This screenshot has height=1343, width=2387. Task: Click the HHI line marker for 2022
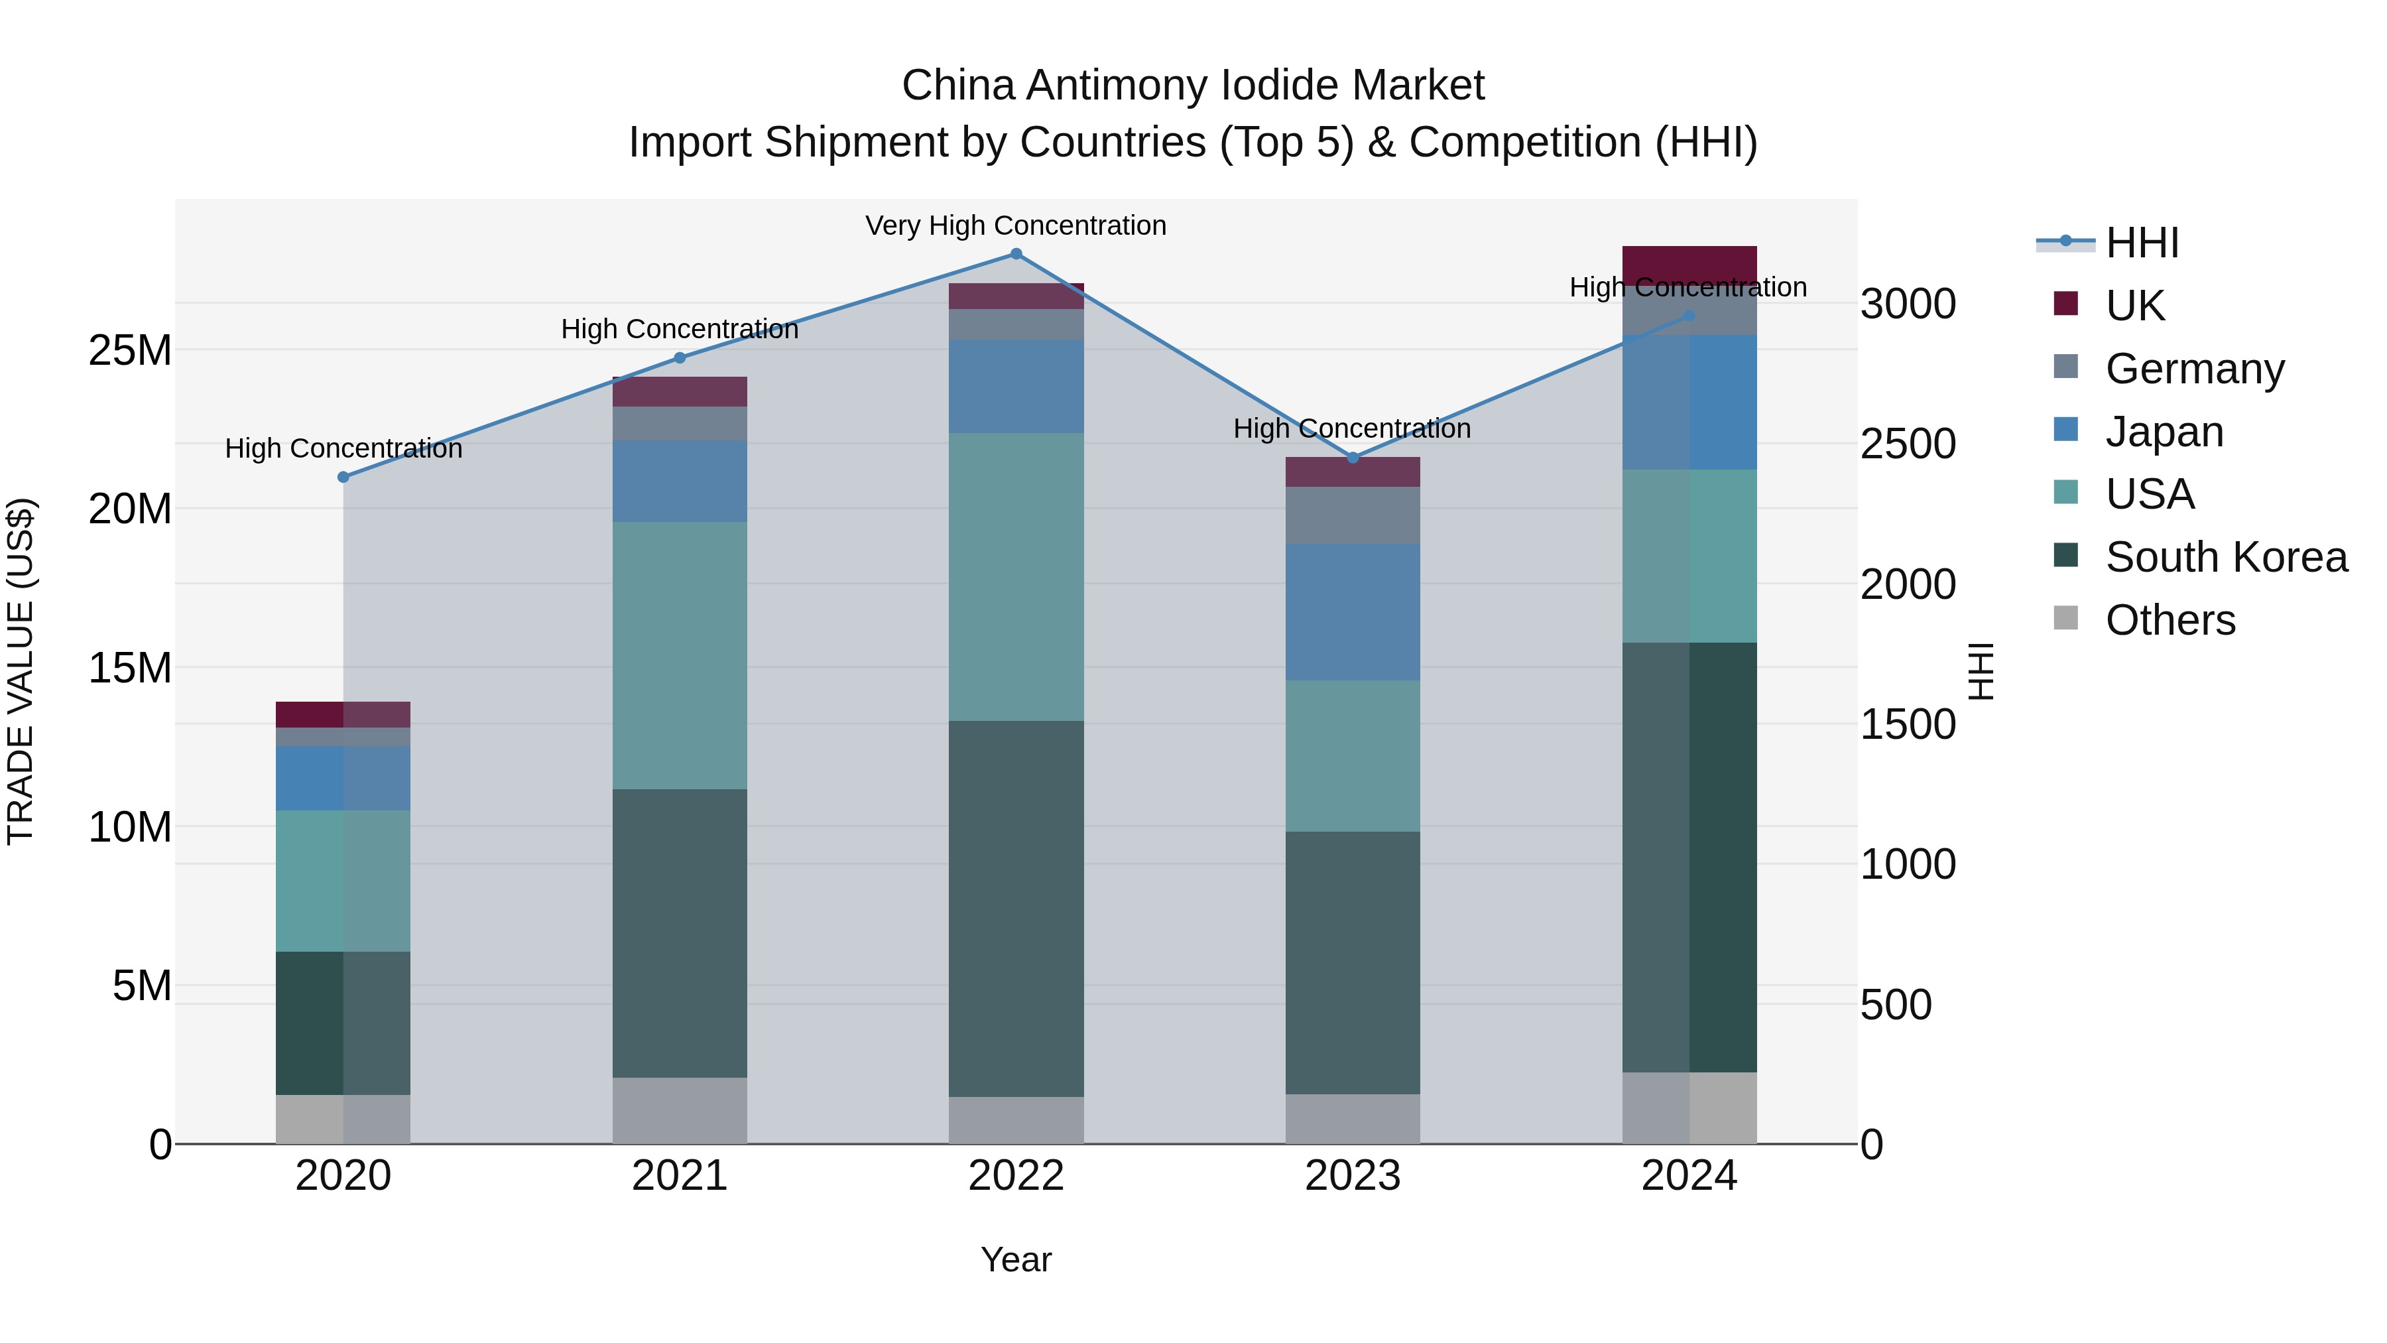(x=1016, y=254)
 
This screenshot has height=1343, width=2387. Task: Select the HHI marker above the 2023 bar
(x=1352, y=458)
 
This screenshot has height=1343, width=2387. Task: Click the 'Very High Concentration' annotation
(x=1016, y=226)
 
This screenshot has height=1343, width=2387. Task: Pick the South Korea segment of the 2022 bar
(x=1016, y=909)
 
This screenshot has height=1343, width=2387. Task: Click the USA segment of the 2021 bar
(x=679, y=655)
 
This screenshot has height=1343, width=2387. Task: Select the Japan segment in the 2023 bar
(x=1352, y=611)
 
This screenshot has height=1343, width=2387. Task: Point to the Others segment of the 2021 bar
(x=679, y=1110)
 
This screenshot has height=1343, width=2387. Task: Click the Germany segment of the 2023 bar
(x=1352, y=515)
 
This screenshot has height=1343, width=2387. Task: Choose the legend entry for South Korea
(x=2226, y=557)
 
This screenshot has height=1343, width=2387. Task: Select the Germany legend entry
(x=2194, y=369)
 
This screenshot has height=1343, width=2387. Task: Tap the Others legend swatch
(x=2065, y=618)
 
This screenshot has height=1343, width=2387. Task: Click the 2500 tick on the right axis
(x=1907, y=444)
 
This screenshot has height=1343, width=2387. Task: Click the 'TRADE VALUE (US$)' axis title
(x=21, y=671)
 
